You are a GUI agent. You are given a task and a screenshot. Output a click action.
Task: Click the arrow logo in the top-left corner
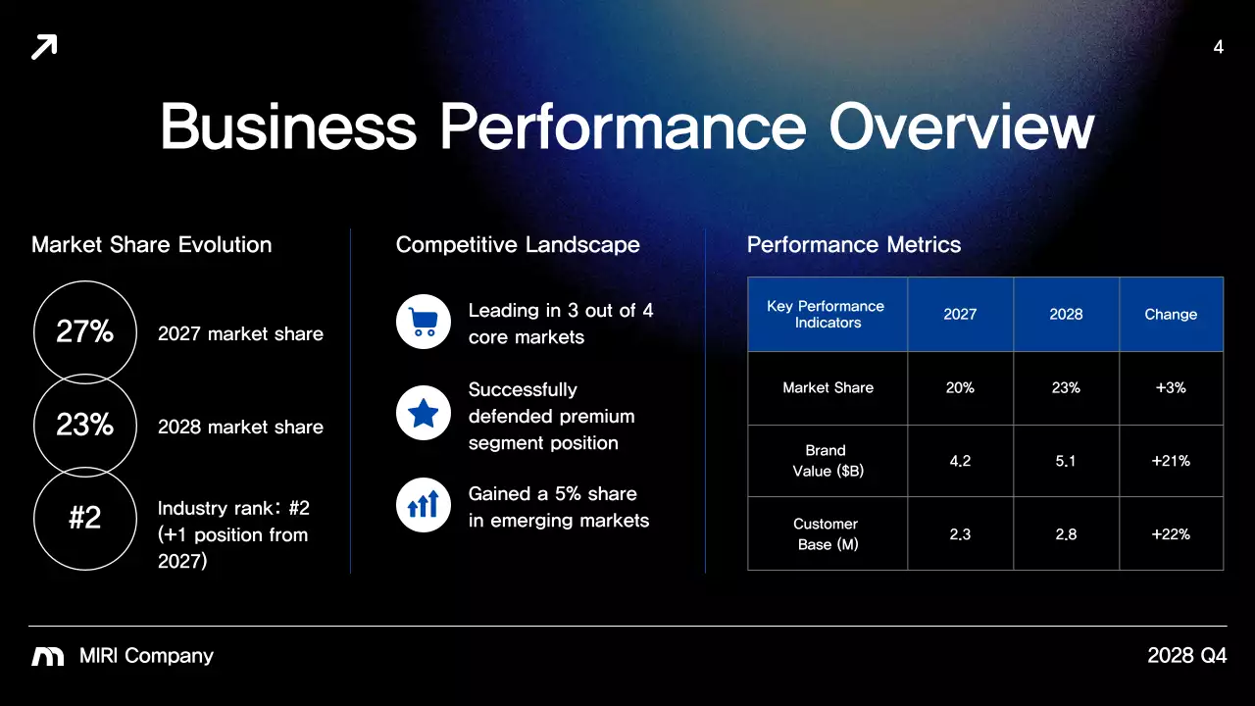44,46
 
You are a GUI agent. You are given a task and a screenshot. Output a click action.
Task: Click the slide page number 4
1219,47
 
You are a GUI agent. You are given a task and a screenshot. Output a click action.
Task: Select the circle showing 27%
85,332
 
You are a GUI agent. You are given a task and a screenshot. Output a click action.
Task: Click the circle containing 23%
85,426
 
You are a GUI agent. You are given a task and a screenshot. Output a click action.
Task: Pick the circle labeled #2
85,518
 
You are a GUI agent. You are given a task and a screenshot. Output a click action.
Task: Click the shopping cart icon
423,322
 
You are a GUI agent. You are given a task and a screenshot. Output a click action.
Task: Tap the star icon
423,414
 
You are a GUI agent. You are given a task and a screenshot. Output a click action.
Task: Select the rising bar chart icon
423,505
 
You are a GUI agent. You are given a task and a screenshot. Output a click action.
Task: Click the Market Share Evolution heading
152,245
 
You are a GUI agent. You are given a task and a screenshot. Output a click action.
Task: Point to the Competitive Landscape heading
518,245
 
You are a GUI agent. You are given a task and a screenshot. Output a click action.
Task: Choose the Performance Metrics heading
854,245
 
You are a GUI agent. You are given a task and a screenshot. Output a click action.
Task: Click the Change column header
1171,315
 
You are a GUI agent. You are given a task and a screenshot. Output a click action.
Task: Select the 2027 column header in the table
960,315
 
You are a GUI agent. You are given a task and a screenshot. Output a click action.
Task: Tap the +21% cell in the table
1171,461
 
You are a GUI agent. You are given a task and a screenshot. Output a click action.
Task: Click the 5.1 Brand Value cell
1066,461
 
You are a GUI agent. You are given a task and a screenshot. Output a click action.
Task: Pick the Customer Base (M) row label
827,534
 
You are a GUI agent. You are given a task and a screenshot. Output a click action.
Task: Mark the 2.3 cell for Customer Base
960,534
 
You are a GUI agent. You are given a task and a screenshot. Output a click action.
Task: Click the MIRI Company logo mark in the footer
48,656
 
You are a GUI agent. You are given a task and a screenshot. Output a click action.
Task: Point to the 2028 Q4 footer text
1186,656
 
